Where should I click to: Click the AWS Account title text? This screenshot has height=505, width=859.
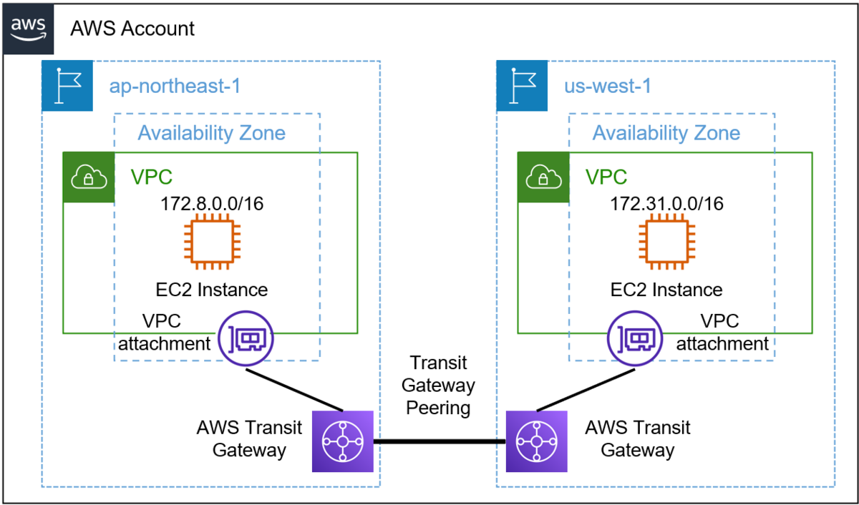(132, 29)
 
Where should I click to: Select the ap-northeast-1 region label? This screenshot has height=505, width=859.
(175, 87)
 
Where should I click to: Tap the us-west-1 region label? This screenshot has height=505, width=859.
(607, 87)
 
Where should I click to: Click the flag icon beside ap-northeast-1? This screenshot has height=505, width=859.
(67, 86)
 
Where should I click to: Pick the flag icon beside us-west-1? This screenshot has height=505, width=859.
(522, 86)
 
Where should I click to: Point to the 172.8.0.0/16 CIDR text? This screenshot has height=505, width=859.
(212, 204)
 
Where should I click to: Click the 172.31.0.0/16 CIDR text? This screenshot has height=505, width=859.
(666, 204)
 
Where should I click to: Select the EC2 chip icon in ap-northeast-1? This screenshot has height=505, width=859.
(212, 242)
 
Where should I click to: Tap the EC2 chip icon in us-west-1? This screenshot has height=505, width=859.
(666, 242)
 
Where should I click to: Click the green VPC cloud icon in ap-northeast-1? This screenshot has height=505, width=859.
(89, 178)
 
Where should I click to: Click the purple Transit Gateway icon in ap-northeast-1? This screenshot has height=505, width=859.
(343, 441)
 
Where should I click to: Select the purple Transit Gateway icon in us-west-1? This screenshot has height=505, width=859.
(536, 441)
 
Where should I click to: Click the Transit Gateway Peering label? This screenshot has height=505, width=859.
(438, 386)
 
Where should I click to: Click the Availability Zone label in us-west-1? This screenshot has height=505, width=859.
(666, 133)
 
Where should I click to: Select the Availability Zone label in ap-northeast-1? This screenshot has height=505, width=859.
(212, 133)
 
